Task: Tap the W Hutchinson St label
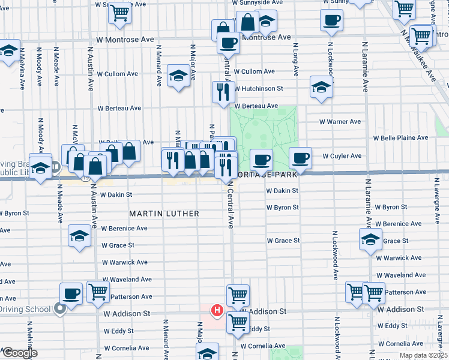258,89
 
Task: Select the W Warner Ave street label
340,122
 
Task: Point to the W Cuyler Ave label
342,156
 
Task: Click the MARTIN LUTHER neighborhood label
164,214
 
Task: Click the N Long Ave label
296,59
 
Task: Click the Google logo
20,353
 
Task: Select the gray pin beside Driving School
59,308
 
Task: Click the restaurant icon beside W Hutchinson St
221,92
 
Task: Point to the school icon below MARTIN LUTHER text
79,236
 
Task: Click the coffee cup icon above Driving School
71,293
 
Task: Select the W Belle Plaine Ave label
400,138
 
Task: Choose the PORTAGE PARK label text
268,175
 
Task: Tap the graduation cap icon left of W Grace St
370,240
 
